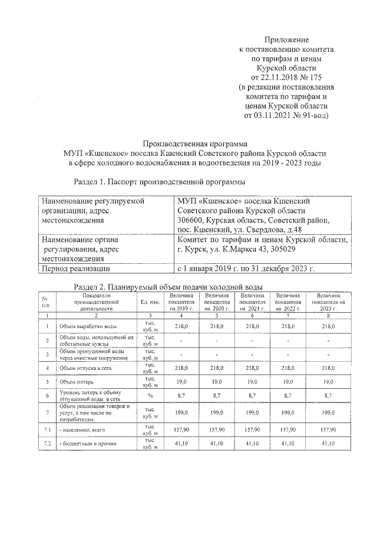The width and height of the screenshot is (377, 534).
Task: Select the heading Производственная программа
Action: click(196, 143)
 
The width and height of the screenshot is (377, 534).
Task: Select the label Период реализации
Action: click(75, 269)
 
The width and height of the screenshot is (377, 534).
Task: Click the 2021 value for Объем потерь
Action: click(252, 382)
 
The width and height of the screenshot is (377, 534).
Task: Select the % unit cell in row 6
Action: click(150, 395)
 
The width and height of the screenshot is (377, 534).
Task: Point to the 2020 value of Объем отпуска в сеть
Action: click(217, 368)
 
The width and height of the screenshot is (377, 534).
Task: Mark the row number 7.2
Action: click(47, 443)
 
